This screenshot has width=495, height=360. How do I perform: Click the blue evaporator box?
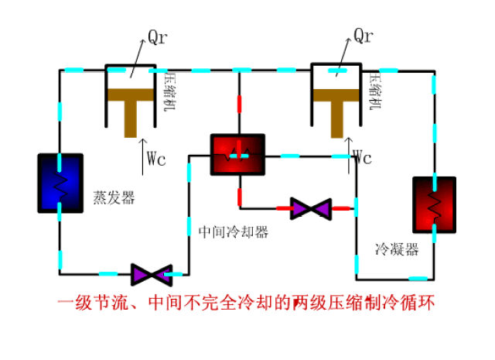tap(60, 183)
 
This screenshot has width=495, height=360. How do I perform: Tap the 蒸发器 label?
tap(114, 198)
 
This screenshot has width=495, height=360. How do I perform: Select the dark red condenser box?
tap(434, 204)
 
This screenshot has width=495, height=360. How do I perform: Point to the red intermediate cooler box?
tap(237, 155)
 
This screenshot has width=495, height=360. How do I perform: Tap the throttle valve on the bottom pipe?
tap(150, 273)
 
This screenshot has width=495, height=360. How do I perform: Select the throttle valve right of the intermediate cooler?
tap(310, 208)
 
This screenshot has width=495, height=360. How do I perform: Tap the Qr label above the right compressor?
tap(364, 36)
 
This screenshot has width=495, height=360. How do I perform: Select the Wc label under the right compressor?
tap(363, 159)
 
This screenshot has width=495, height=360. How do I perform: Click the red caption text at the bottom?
tap(247, 303)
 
